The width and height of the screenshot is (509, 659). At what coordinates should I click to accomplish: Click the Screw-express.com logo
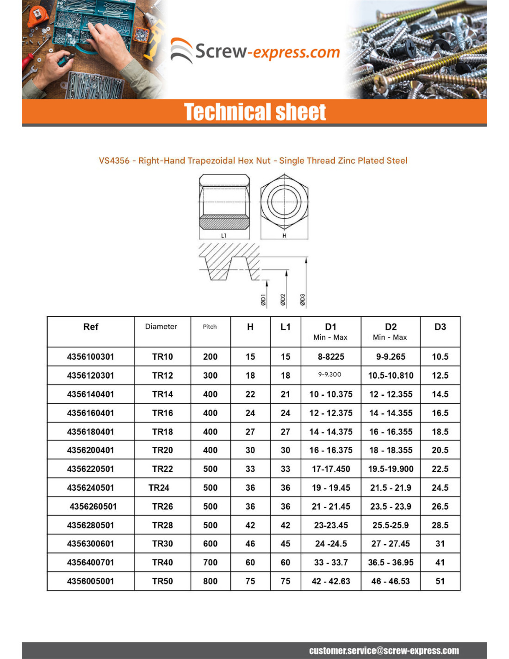click(x=255, y=51)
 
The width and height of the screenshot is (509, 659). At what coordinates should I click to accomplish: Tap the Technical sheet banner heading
click(x=255, y=112)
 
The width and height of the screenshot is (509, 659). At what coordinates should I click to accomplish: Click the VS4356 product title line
click(x=253, y=161)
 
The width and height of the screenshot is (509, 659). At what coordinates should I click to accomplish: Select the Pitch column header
click(x=210, y=327)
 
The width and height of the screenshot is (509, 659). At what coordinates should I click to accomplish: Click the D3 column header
click(x=440, y=327)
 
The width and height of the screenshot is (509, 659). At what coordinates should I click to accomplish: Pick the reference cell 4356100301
click(x=90, y=357)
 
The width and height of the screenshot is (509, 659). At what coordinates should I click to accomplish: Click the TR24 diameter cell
click(x=159, y=488)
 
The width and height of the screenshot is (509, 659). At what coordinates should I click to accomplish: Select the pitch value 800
click(x=210, y=581)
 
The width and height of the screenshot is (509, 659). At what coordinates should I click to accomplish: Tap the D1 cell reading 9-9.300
click(x=330, y=375)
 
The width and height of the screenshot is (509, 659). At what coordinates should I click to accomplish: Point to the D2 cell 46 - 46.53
click(x=391, y=581)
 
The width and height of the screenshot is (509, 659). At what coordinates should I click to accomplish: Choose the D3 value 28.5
click(x=440, y=525)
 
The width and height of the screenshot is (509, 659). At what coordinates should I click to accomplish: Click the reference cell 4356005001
click(x=90, y=581)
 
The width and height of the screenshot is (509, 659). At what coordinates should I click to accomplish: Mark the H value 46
click(x=250, y=544)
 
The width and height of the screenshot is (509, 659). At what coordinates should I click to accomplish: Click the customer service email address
click(x=384, y=651)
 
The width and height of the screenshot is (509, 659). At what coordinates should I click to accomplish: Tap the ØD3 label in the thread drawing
click(x=303, y=300)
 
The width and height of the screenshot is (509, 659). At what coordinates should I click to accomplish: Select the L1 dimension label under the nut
click(x=224, y=236)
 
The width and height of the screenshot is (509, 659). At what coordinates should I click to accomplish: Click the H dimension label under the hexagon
click(x=284, y=236)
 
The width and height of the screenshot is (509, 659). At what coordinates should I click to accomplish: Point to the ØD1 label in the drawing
click(x=263, y=300)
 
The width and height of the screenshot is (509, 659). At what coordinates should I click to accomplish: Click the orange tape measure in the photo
click(x=38, y=16)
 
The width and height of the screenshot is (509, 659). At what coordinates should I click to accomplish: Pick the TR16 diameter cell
click(x=162, y=413)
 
